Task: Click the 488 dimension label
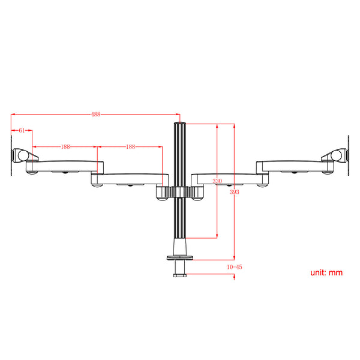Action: (96, 114)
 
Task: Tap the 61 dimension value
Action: (22, 130)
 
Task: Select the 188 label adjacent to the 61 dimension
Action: (65, 146)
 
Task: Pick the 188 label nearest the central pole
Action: (130, 146)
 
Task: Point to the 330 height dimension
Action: (217, 181)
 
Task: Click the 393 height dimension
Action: (234, 191)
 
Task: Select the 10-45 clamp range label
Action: (235, 266)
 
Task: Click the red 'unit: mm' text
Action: (326, 272)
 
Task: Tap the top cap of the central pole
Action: (179, 125)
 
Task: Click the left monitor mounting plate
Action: (12, 155)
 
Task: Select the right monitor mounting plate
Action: (347, 155)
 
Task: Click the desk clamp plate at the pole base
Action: (179, 258)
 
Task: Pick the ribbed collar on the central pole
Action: (179, 192)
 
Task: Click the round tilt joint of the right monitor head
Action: (337, 155)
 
